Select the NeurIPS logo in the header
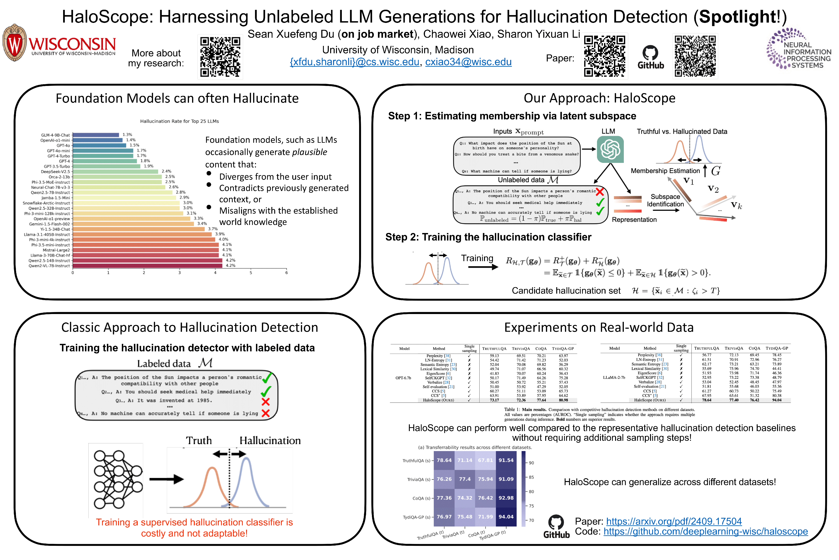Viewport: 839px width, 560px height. pos(798,49)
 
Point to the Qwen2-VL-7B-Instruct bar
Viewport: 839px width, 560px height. pos(147,266)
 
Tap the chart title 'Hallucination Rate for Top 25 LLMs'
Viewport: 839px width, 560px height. pos(179,121)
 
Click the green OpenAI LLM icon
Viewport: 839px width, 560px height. pos(610,149)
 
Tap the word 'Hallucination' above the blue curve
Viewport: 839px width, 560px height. pos(270,441)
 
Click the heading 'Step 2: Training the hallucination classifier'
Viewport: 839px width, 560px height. pos(488,237)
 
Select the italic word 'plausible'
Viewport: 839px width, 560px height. pos(309,152)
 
